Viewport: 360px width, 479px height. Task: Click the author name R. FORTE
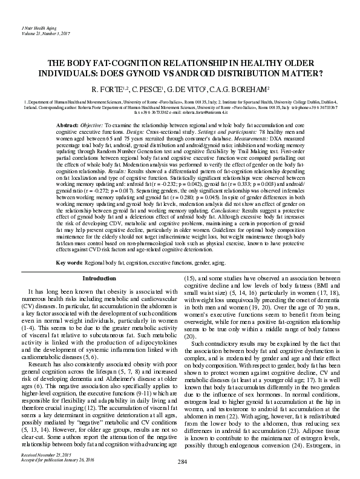point(105,89)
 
